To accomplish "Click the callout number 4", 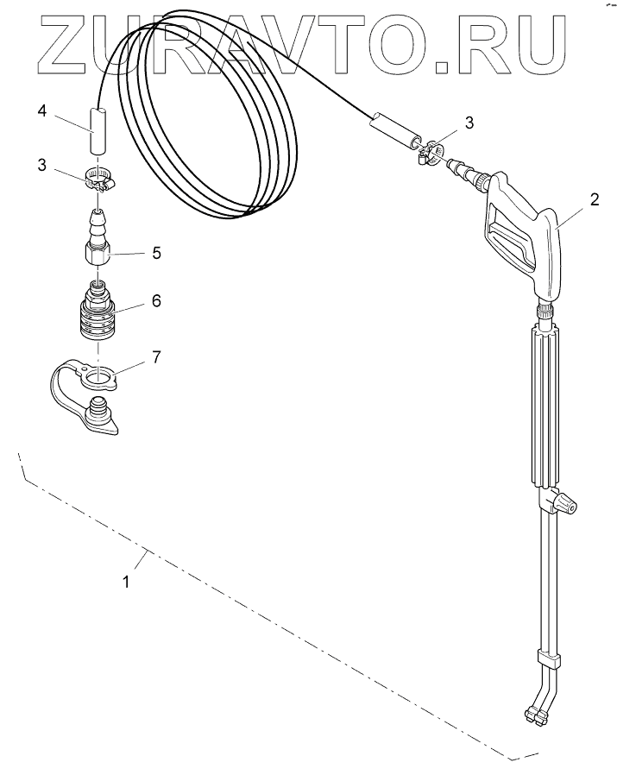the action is click(42, 110).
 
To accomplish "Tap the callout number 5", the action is click(156, 253).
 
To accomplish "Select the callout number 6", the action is click(156, 300).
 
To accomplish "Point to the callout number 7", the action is click(156, 356).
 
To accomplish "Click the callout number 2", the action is click(595, 199).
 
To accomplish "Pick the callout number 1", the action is click(127, 582).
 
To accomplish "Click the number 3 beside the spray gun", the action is click(469, 122).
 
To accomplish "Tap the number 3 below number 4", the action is click(42, 165).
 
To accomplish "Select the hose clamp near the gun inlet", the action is click(428, 153).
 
